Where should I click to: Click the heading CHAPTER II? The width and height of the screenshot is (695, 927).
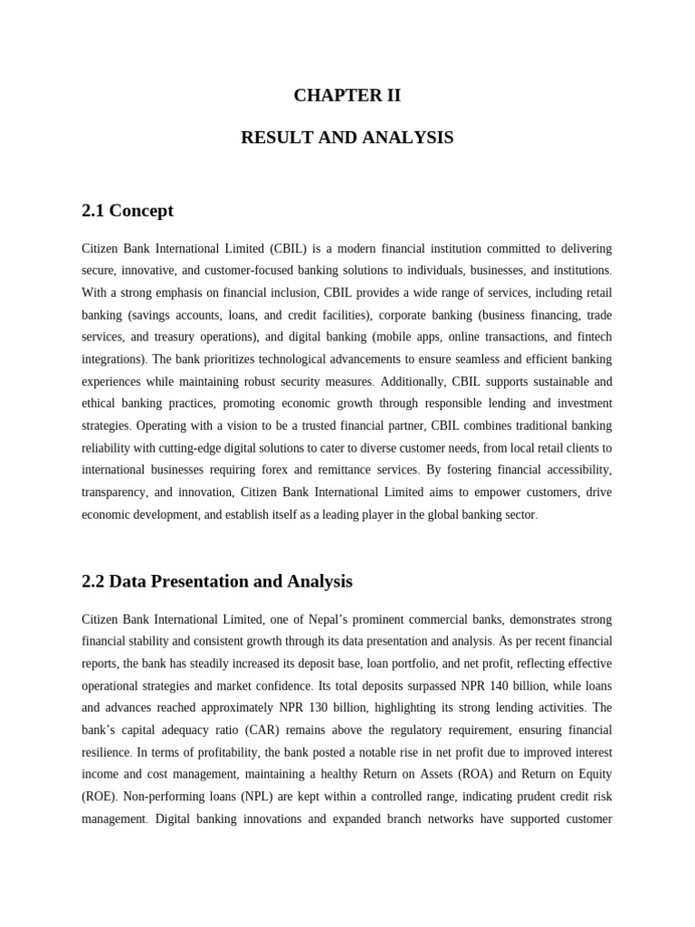tap(347, 95)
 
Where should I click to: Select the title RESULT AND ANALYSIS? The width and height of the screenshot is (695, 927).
tap(347, 138)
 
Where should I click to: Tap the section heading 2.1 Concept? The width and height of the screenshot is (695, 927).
tap(128, 211)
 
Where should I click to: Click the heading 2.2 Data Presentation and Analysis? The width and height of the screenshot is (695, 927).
tap(217, 581)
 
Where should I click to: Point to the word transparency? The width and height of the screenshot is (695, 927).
tap(114, 492)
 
